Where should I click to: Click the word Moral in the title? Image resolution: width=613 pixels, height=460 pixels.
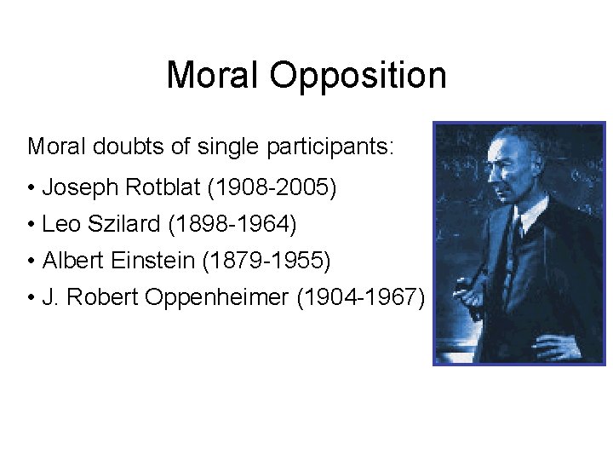point(213,75)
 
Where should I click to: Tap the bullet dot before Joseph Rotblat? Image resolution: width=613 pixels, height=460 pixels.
point(31,187)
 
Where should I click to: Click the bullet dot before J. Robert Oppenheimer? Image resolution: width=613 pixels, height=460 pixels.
point(31,298)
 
